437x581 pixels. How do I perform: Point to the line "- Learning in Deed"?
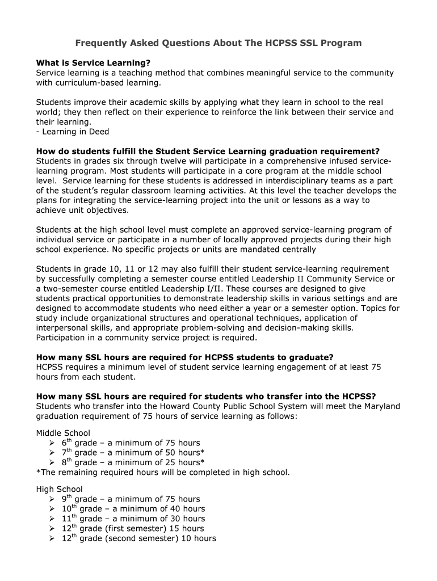point(73,132)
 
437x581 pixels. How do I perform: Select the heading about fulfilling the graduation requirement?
point(208,151)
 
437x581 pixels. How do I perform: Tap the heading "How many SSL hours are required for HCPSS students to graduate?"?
point(185,357)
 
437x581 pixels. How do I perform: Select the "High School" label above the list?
point(59,489)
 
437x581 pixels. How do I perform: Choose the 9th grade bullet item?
point(131,499)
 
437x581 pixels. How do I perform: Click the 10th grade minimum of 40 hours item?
point(133,508)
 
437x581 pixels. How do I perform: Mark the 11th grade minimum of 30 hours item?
point(133,518)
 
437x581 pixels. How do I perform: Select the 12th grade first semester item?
point(133,528)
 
